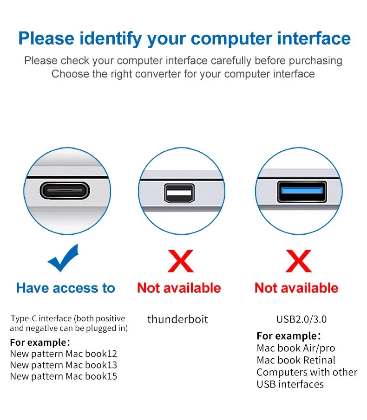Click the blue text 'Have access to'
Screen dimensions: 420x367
[66, 288]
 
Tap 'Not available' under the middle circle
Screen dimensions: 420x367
[179, 288]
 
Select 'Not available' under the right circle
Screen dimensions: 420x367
[296, 288]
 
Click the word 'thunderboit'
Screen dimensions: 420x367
[177, 319]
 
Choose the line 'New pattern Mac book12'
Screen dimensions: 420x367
[64, 354]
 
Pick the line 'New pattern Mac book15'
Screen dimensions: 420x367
[64, 376]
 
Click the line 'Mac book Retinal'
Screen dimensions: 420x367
[296, 360]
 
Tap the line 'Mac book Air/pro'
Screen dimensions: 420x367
[295, 348]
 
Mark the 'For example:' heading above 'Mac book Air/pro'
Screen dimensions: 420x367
[288, 336]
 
